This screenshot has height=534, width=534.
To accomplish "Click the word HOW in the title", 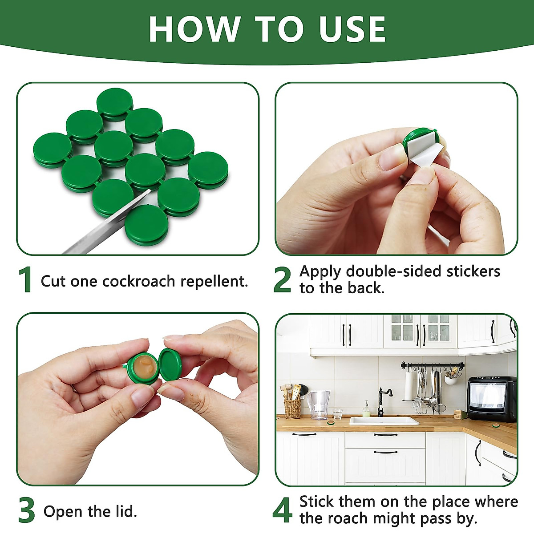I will (x=194, y=29).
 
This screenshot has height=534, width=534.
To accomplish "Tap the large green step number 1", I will (x=25, y=280).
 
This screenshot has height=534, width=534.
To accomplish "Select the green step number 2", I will (x=282, y=280).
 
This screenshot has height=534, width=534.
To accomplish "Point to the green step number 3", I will (x=27, y=510).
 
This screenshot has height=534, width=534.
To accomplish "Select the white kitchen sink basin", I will (x=384, y=421).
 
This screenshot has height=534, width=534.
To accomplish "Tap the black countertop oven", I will (x=491, y=399).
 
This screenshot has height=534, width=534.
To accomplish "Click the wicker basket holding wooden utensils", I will (x=292, y=409).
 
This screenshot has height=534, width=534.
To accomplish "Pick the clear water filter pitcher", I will (x=318, y=405).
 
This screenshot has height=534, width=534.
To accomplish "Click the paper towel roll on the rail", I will (x=409, y=385).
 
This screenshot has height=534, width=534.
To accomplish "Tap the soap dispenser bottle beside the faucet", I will (x=366, y=409).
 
